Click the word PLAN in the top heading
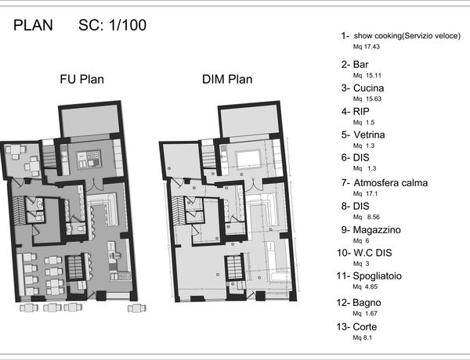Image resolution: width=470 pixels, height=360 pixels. click(33, 25)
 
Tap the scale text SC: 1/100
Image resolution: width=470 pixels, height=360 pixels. click(112, 25)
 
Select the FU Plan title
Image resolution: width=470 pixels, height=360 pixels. click(81, 79)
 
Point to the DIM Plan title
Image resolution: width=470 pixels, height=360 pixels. click(227, 79)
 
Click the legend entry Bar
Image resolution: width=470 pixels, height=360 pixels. click(361, 65)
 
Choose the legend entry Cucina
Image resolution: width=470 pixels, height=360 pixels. click(368, 88)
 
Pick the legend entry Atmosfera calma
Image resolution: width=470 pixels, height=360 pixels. click(391, 182)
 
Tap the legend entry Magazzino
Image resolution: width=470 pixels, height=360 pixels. click(377, 230)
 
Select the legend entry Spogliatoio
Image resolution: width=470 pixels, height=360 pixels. click(377, 275)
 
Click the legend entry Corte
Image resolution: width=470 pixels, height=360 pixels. click(365, 327)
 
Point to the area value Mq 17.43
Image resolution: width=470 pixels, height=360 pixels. click(367, 47)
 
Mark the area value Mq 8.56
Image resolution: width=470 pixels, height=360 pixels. click(367, 217)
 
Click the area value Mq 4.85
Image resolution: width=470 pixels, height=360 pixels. click(365, 286)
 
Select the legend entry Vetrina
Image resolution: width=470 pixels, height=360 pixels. click(369, 135)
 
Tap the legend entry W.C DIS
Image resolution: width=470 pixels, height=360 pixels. click(372, 253)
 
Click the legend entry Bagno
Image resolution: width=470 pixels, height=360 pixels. click(367, 303)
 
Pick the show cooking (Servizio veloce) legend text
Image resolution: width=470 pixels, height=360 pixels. click(407, 36)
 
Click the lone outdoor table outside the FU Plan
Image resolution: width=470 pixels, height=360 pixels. click(136, 308)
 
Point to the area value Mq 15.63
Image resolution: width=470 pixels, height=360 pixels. click(367, 99)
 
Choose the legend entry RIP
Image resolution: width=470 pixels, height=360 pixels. click(361, 111)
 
